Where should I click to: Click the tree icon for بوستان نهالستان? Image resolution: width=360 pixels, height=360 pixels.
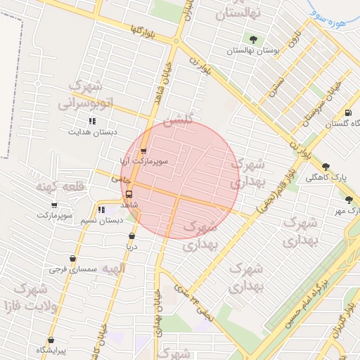(253, 39)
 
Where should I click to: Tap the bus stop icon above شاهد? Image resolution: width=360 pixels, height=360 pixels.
(129, 195)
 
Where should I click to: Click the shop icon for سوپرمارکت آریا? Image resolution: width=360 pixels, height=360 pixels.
(143, 150)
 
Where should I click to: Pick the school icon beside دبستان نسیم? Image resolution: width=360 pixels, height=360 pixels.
(101, 210)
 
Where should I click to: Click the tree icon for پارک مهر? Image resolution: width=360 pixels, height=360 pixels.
(349, 200)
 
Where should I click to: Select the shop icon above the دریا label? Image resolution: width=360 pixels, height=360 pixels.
(131, 236)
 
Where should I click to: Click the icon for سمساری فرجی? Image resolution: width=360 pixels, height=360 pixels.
(72, 259)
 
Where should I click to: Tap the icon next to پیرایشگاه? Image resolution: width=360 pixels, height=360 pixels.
(48, 339)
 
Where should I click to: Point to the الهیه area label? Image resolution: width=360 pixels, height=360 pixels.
(112, 268)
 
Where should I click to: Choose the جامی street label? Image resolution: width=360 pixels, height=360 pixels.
(116, 179)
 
